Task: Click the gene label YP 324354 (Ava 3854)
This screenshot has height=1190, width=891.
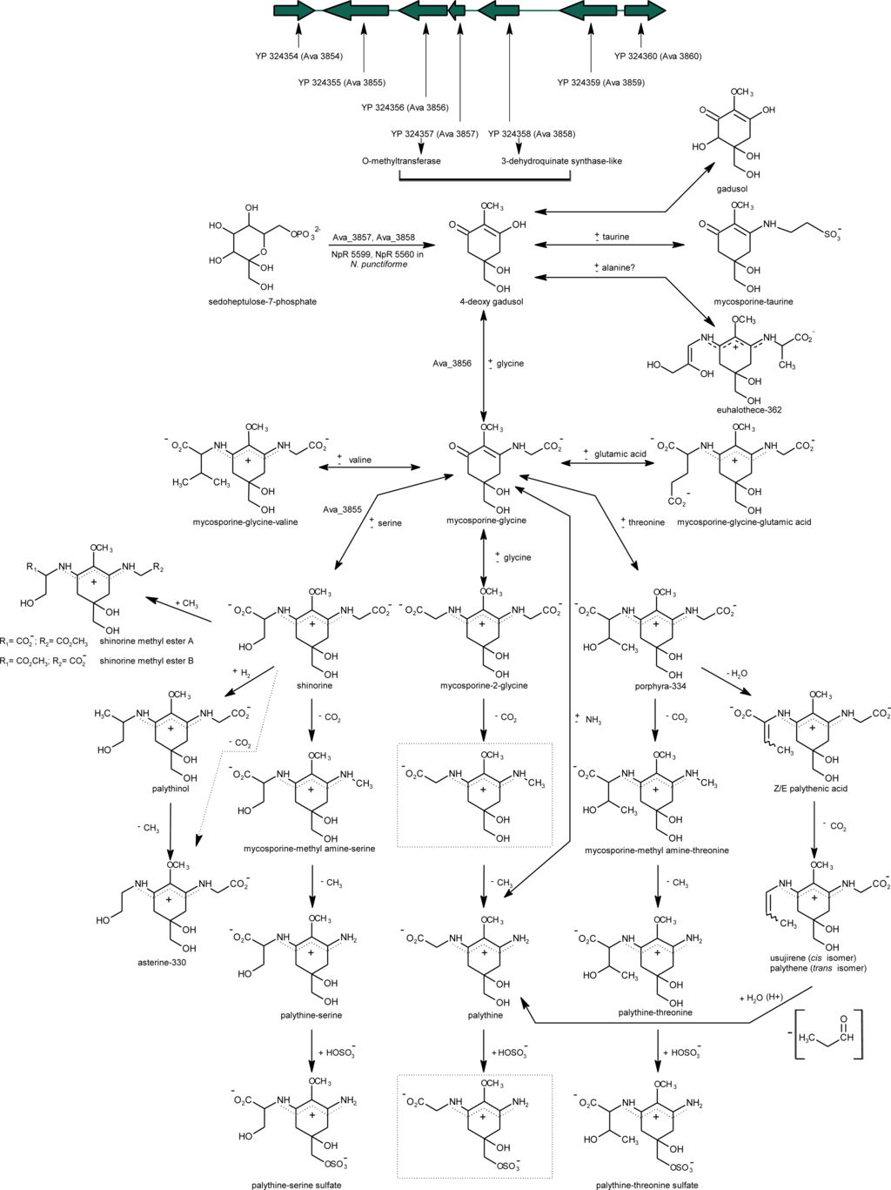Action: [298, 57]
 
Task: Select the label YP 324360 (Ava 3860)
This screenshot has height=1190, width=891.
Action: [658, 57]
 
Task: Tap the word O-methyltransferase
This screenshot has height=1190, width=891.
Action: [401, 161]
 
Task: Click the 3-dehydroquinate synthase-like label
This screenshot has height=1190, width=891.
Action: [561, 161]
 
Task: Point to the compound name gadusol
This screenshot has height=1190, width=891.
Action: [733, 188]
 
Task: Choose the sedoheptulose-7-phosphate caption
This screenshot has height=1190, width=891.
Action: [263, 302]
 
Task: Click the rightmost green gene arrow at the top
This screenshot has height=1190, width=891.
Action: [645, 10]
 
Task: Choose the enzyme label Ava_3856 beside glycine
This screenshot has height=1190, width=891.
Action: [452, 364]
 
